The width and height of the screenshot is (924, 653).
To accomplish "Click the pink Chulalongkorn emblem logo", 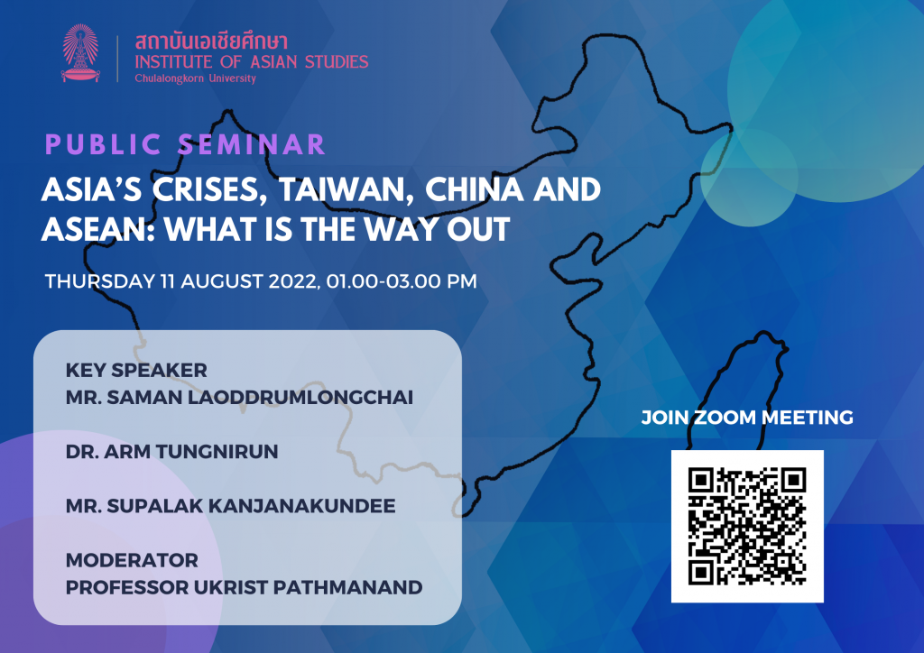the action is pyautogui.click(x=80, y=53).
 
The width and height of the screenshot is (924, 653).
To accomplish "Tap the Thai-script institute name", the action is pyautogui.click(x=211, y=41).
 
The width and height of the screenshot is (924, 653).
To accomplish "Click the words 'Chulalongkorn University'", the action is pyautogui.click(x=196, y=78).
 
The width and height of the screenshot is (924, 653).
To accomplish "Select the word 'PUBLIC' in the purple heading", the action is pyautogui.click(x=103, y=145).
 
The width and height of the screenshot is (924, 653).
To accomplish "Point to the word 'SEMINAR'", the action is pyautogui.click(x=252, y=145).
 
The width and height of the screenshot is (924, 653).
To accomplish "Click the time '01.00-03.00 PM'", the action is pyautogui.click(x=402, y=281).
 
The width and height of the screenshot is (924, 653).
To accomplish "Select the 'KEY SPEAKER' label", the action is pyautogui.click(x=136, y=371).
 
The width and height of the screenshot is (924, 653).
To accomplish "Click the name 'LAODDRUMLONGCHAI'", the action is pyautogui.click(x=300, y=398).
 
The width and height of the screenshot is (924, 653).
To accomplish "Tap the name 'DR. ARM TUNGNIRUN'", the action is pyautogui.click(x=171, y=452).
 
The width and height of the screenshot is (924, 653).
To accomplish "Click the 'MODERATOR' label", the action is pyautogui.click(x=132, y=560).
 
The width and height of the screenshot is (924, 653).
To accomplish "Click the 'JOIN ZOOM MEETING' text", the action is pyautogui.click(x=747, y=418).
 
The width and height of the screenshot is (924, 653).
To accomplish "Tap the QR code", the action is pyautogui.click(x=747, y=527).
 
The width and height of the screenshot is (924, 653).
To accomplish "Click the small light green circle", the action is pyautogui.click(x=749, y=178).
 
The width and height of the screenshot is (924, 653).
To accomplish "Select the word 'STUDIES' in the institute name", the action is pyautogui.click(x=337, y=62).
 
